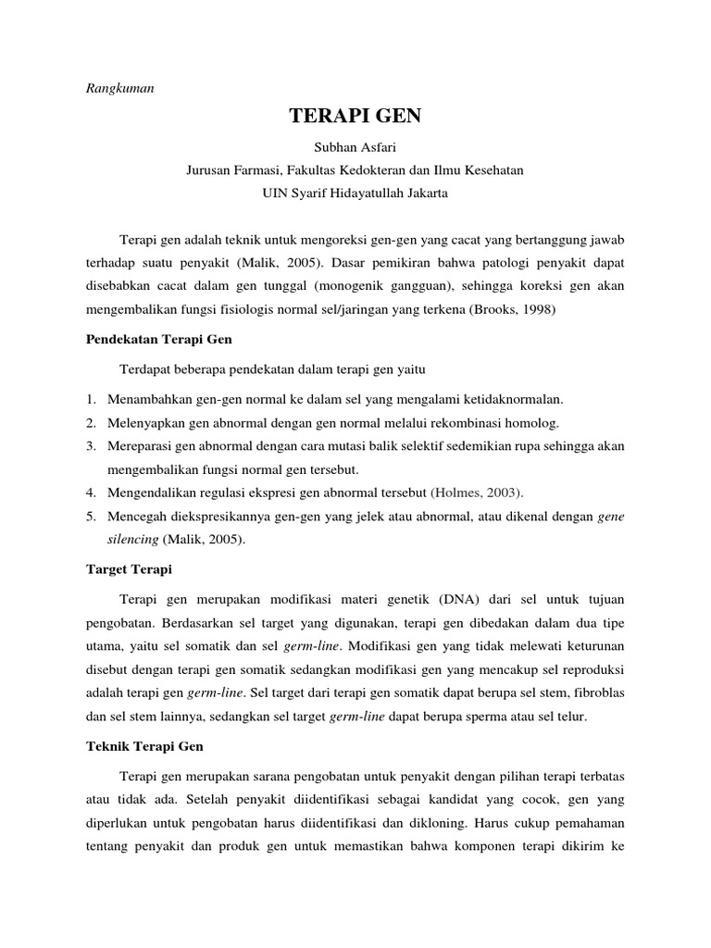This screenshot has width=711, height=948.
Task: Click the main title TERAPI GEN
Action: pos(355,117)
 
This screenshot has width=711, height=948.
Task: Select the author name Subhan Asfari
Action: pos(355,147)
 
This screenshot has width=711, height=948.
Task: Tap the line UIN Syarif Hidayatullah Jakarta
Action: pos(355,193)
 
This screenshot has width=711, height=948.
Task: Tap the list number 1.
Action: pos(92,399)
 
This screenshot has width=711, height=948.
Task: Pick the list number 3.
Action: pos(92,446)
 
